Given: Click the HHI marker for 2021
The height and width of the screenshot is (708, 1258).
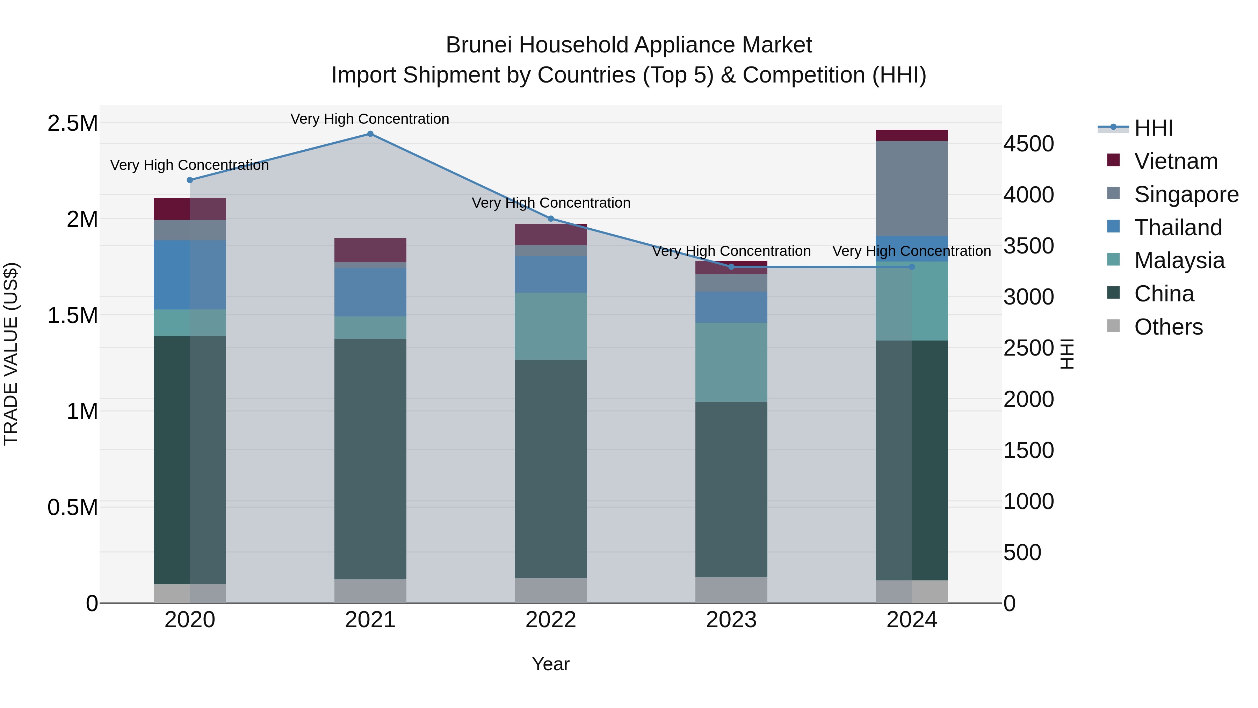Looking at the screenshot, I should (370, 134).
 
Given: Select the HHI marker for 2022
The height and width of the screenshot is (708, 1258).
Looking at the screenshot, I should (551, 219).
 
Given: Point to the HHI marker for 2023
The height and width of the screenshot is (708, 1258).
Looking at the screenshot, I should (731, 267).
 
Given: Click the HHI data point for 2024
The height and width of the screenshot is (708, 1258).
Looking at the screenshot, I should (912, 267).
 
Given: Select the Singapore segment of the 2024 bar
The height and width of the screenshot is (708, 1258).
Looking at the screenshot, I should (912, 188).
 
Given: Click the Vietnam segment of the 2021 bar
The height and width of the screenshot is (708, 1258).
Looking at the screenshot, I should (370, 250).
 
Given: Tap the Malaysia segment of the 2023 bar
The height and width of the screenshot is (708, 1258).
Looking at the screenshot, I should (731, 362).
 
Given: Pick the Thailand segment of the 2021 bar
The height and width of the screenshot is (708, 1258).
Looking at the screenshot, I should (370, 292).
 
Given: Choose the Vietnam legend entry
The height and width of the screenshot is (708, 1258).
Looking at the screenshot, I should (1176, 161).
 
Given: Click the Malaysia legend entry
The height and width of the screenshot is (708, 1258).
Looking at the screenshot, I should (1179, 260).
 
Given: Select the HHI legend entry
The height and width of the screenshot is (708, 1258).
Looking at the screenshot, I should (1153, 128).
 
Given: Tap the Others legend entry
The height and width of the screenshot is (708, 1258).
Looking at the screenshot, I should (1168, 327).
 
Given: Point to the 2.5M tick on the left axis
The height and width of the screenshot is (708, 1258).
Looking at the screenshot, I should (72, 123).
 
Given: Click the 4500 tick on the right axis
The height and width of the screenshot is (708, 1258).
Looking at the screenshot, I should (1028, 144).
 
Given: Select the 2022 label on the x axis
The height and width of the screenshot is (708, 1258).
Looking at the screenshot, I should (551, 620).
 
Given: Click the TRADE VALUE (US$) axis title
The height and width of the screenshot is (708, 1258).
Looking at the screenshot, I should (11, 354).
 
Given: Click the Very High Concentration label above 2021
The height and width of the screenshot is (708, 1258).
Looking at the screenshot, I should (370, 119).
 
